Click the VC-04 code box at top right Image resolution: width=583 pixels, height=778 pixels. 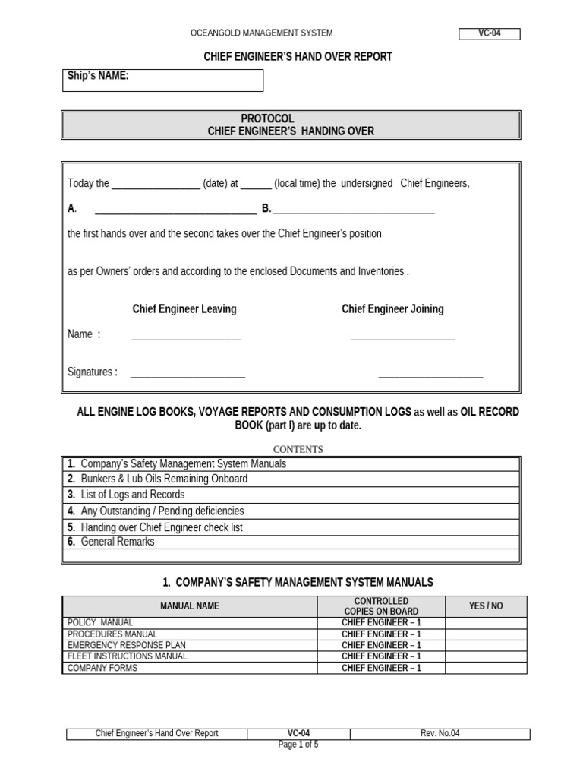(490, 33)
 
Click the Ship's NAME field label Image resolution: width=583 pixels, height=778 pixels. (98, 75)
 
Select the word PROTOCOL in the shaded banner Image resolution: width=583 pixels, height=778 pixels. (267, 119)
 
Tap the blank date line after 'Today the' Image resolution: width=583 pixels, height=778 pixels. (156, 185)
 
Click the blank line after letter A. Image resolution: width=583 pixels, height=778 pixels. (175, 210)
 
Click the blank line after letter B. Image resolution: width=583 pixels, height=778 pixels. (354, 210)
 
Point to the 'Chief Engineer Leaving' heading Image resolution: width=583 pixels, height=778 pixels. (184, 309)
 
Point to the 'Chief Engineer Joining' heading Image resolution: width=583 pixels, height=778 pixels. (392, 309)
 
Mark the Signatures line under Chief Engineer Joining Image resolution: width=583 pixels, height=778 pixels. (430, 374)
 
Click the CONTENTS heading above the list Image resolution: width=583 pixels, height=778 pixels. (298, 449)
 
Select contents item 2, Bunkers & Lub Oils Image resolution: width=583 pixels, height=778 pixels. (163, 479)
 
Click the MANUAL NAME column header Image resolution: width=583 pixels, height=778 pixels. (189, 606)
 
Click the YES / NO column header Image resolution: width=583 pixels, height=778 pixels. (485, 606)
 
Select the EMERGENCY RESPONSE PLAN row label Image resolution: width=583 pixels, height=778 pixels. (127, 645)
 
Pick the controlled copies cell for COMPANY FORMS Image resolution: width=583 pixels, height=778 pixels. (381, 669)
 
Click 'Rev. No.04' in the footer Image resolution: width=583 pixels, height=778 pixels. (440, 733)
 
